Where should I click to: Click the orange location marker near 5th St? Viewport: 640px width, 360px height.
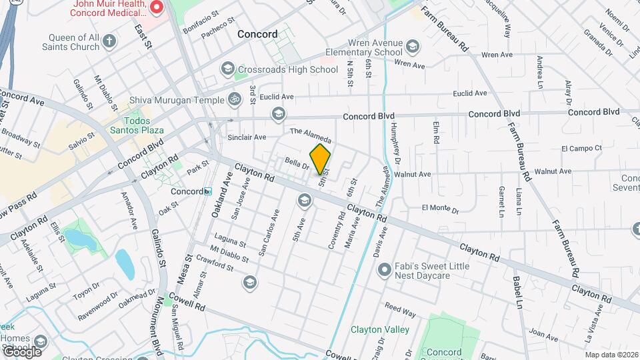point(321,159)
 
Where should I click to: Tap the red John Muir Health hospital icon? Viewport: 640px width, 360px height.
point(157,8)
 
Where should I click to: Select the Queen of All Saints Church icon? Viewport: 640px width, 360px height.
point(110,42)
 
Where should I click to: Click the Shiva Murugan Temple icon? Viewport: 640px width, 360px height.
point(233,99)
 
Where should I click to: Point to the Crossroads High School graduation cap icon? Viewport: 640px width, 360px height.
point(227,69)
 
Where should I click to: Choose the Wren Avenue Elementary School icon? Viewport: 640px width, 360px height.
point(412,47)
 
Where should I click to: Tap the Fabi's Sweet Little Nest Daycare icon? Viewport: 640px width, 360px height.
point(383,270)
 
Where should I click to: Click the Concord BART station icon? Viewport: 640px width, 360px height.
point(208,191)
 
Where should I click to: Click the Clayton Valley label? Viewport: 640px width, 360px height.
point(375,329)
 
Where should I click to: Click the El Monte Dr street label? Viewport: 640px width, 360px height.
point(441,209)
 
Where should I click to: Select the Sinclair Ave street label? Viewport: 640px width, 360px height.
point(247,137)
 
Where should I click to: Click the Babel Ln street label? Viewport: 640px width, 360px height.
point(517,293)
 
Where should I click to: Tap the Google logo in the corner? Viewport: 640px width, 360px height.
point(22,351)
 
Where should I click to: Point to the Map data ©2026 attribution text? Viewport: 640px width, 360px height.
point(611,355)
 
